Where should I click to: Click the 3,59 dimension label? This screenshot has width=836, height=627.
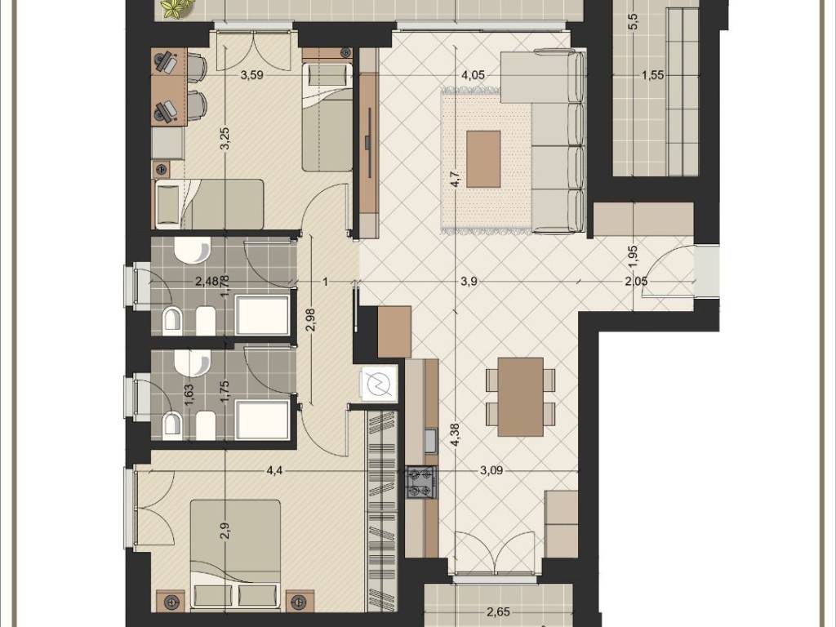(x=251, y=75)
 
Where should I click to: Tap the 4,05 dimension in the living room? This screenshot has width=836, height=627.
(x=473, y=75)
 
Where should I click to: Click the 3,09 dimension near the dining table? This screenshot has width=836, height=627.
(x=491, y=470)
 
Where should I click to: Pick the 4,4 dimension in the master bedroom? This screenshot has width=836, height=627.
(x=275, y=470)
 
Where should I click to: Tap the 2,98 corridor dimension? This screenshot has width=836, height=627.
(x=311, y=319)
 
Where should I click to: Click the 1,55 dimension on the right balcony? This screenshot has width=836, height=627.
(x=653, y=75)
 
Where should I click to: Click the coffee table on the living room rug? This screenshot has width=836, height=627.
(x=483, y=159)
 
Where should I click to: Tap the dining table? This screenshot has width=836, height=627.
(x=520, y=396)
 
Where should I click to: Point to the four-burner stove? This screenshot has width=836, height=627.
(x=422, y=482)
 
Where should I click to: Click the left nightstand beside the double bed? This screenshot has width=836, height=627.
(x=171, y=601)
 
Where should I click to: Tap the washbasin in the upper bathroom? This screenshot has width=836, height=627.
(x=193, y=251)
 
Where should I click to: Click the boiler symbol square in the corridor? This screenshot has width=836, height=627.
(x=379, y=383)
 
